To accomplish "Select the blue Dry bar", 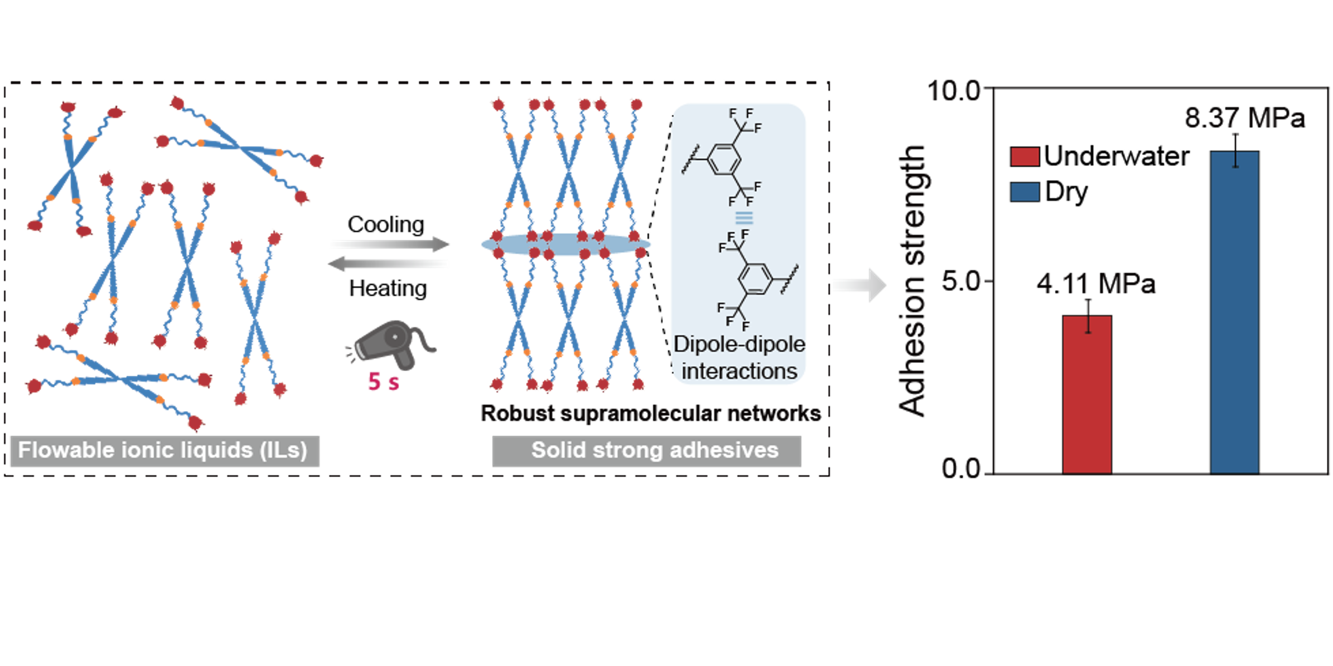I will (x=1234, y=312).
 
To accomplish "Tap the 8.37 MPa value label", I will (x=1245, y=118).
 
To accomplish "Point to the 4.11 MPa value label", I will (x=1095, y=284).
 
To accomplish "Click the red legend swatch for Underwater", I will (x=1025, y=157).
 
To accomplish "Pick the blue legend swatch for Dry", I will (x=1025, y=192).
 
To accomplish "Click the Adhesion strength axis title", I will (x=912, y=280).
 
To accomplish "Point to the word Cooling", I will (x=385, y=225).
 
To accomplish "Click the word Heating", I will (x=387, y=288).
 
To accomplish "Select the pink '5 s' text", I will (x=383, y=382).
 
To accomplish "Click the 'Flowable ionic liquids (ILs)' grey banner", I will (x=165, y=450).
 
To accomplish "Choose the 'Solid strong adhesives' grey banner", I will (x=646, y=450).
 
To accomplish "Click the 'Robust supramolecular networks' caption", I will (x=651, y=413).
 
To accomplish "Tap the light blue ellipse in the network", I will (x=565, y=244).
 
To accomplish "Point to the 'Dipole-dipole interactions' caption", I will (x=739, y=358).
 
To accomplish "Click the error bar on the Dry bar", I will (x=1235, y=150).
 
